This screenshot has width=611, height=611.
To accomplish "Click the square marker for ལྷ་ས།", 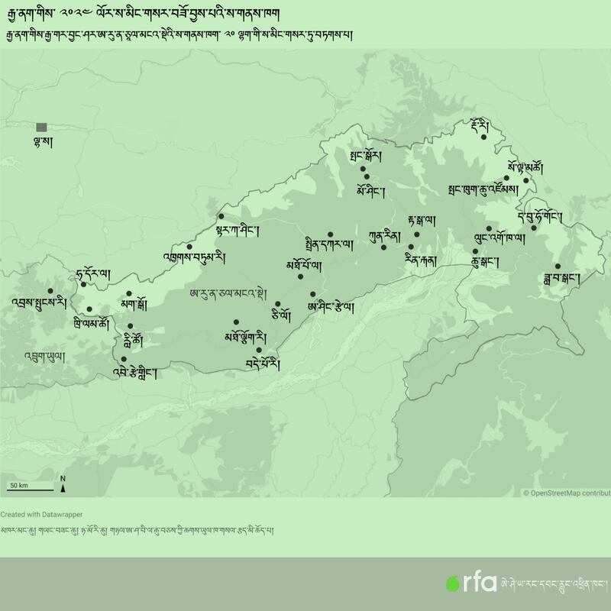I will pos(41,127).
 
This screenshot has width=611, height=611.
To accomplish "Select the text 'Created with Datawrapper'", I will pos(41,514).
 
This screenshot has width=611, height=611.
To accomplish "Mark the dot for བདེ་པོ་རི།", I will pos(260,351).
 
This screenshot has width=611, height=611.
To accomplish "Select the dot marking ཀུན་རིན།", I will pos(384,247).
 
